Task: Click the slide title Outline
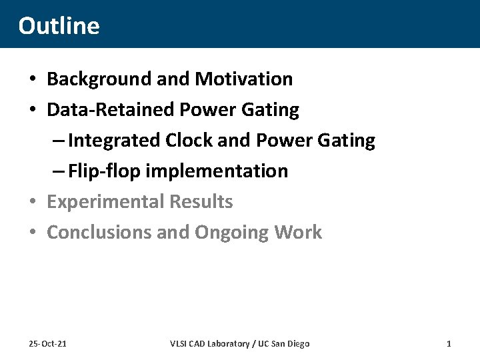pyautogui.click(x=59, y=25)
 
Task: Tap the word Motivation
pyautogui.click(x=243, y=79)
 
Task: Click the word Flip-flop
pyautogui.click(x=104, y=171)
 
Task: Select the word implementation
pyautogui.click(x=217, y=171)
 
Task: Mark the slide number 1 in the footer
pyautogui.click(x=449, y=343)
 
